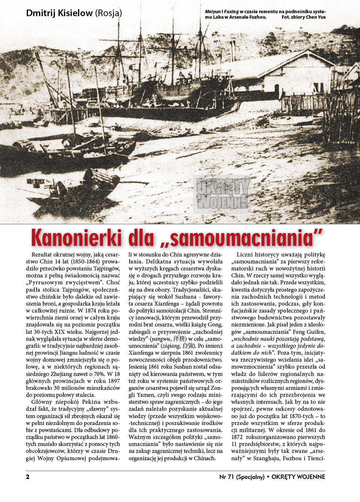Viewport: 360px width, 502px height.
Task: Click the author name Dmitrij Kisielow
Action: pos(59,13)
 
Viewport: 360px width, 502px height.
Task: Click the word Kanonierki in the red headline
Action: pos(77,238)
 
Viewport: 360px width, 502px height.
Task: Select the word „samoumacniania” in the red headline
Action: pos(241,238)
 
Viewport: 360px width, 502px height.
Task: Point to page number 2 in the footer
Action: pos(28,477)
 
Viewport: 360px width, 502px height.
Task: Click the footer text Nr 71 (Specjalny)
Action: pos(242,477)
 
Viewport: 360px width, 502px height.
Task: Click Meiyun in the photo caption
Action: pos(213,12)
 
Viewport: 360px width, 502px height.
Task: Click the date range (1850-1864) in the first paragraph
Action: pos(85,262)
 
